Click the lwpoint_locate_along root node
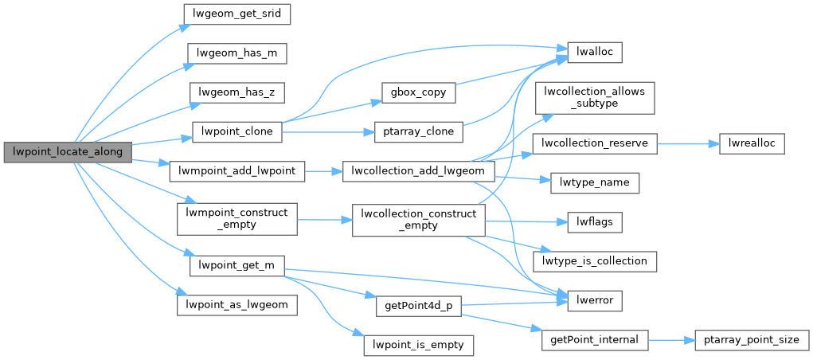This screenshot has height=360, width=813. click(x=66, y=151)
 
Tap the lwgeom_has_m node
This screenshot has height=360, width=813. click(x=236, y=53)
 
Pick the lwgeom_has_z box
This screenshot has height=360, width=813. click(x=236, y=92)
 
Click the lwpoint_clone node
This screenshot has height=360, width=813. click(x=237, y=131)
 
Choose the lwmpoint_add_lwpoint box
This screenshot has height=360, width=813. click(x=236, y=171)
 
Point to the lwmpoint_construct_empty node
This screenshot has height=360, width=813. click(x=236, y=218)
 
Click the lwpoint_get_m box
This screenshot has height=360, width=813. click(x=236, y=266)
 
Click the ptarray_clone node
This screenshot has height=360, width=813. click(x=418, y=131)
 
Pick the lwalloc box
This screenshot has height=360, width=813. click(x=594, y=53)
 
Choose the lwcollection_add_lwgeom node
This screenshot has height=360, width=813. click(x=418, y=171)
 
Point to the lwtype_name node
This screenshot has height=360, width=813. click(x=595, y=182)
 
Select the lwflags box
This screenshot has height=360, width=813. click(x=594, y=222)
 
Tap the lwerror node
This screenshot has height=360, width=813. click(x=594, y=300)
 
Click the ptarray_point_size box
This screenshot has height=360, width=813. click(x=751, y=340)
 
